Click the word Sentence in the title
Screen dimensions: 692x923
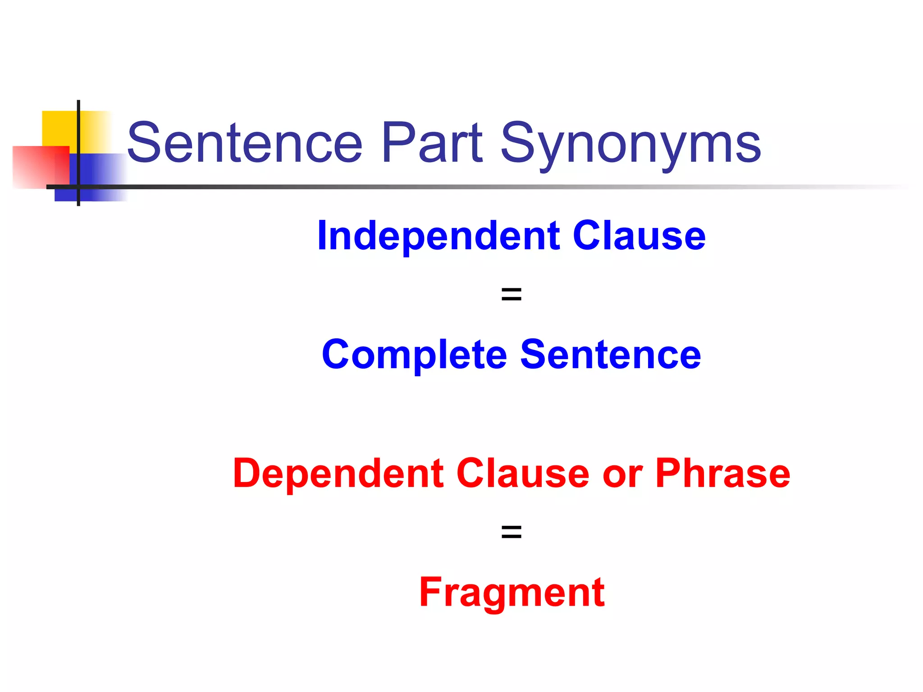(245, 143)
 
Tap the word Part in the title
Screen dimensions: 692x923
(432, 143)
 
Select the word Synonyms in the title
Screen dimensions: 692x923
(631, 145)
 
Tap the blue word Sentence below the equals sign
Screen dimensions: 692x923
(611, 355)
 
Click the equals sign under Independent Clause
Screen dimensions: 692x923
(512, 295)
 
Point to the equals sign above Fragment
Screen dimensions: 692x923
(512, 532)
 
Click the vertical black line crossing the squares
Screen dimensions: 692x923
(78, 135)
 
